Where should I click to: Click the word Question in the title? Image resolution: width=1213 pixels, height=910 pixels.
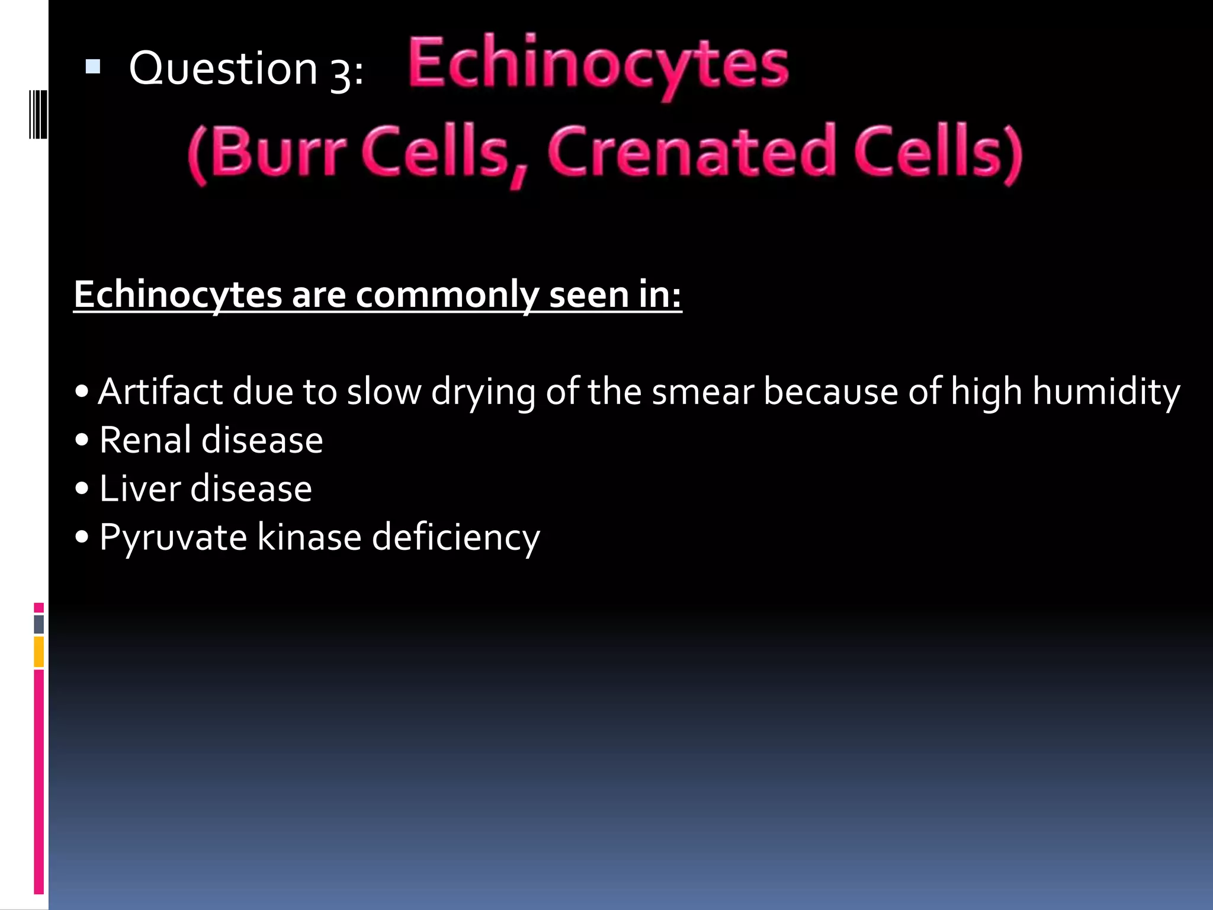point(223,69)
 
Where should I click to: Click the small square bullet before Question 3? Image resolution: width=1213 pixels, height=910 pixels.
point(93,66)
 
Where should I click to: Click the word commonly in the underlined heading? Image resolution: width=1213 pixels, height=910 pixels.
point(447,294)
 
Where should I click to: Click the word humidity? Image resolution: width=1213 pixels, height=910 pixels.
point(1106,392)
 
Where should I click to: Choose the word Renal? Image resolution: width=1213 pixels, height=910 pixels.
point(146,440)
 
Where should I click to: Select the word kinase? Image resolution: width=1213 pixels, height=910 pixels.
point(309,537)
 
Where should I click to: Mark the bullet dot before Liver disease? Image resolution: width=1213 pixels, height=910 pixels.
point(82,489)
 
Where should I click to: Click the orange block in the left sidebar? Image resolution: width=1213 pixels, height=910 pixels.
point(39,652)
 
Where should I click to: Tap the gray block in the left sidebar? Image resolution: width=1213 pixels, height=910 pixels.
point(39,624)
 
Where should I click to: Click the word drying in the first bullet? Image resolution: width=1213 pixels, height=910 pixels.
point(483,392)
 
